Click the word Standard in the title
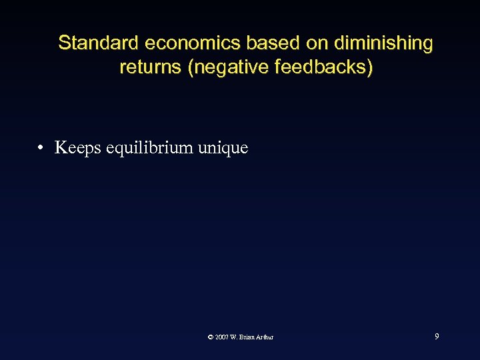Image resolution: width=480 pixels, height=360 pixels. pyautogui.click(x=99, y=43)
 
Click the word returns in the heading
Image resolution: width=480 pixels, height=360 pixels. pyautogui.click(x=151, y=67)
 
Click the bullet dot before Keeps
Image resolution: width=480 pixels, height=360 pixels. pyautogui.click(x=41, y=147)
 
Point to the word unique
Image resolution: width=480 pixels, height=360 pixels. pyautogui.click(x=223, y=148)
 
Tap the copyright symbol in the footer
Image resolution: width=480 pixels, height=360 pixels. pyautogui.click(x=211, y=337)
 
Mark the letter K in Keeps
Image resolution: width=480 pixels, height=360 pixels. pyautogui.click(x=60, y=147)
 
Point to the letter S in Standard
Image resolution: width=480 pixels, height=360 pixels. pyautogui.click(x=64, y=43)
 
